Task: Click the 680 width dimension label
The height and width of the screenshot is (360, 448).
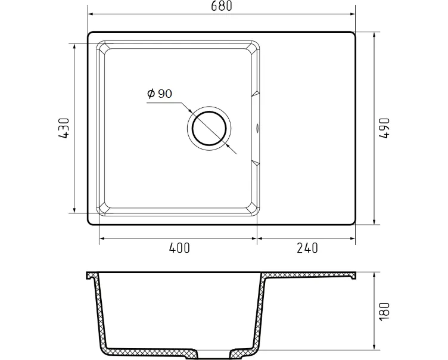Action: pos(222,6)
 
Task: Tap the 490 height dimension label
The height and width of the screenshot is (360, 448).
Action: pos(384,128)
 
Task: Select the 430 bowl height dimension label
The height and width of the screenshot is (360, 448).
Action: pos(64,128)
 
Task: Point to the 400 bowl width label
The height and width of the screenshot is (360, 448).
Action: pos(179,248)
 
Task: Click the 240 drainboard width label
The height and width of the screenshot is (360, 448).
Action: pos(307,248)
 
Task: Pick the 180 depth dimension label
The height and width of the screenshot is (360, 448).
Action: pos(384,311)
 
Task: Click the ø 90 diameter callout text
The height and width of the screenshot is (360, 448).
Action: pos(160,93)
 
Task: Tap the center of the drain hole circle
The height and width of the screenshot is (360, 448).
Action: pos(209,128)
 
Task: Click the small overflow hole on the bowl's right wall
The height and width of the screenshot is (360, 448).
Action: pos(257,128)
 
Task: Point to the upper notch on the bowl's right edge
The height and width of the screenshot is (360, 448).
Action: pos(255,94)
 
